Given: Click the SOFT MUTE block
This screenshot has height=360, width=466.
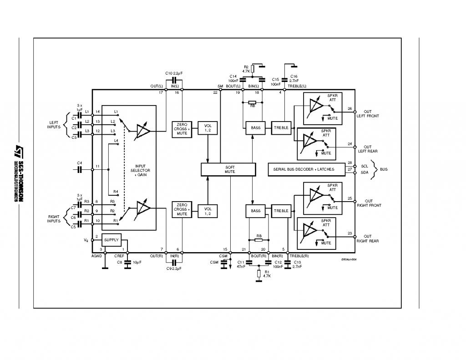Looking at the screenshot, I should (x=230, y=169).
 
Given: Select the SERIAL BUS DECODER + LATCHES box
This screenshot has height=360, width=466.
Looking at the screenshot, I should (x=304, y=169).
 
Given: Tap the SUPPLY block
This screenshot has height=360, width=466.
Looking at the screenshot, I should (x=111, y=240).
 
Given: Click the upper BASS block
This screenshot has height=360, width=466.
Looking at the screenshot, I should (x=256, y=128).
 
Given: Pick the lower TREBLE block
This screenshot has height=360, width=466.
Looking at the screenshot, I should (x=281, y=211).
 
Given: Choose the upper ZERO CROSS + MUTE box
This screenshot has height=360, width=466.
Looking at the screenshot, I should (x=182, y=128).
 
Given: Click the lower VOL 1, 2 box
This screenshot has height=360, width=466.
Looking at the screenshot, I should (x=207, y=211).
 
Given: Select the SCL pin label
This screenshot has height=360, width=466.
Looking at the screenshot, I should (x=365, y=166).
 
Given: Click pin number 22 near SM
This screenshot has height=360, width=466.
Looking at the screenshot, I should (x=215, y=93).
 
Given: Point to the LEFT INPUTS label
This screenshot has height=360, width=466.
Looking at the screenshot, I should (x=54, y=125).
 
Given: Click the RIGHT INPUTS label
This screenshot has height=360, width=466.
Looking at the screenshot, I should (x=54, y=219).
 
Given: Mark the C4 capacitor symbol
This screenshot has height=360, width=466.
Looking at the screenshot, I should (x=80, y=169).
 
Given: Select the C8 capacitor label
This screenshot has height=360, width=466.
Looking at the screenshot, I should (x=120, y=262).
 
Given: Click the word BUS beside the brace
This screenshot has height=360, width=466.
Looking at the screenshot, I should (x=384, y=169).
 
